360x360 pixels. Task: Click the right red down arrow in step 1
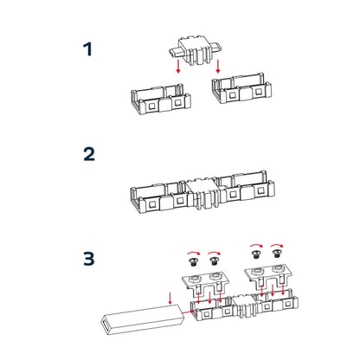click(218, 67)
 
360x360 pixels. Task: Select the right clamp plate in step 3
click(267, 275)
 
